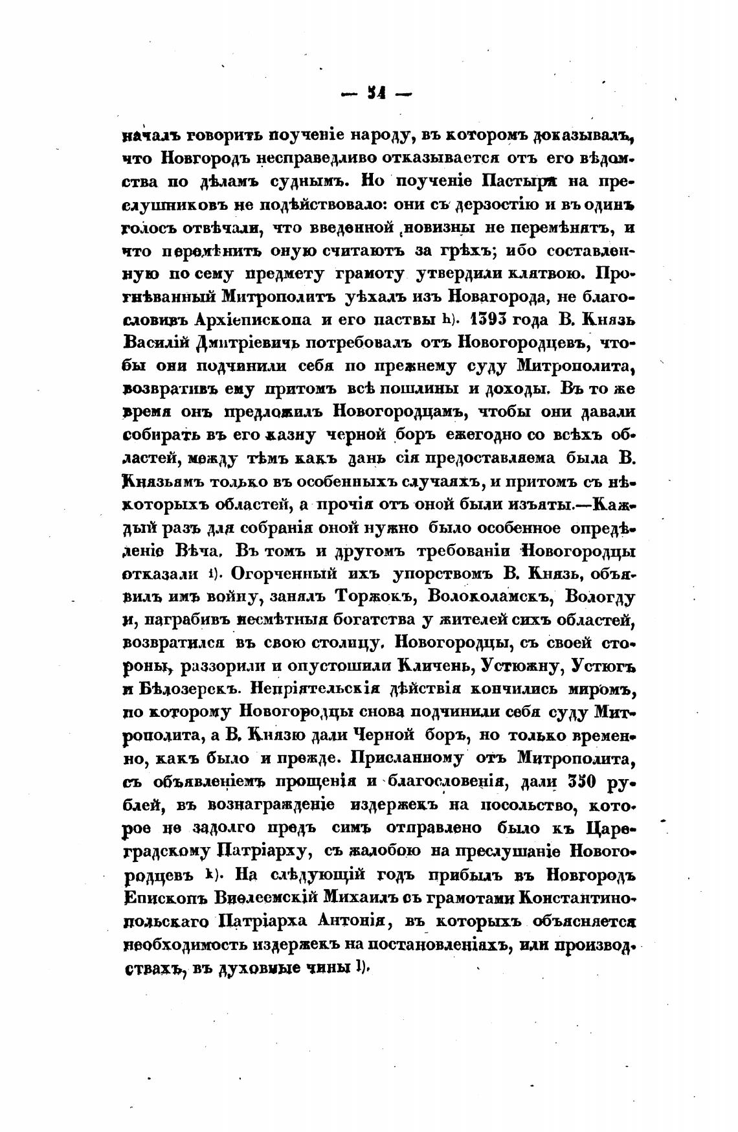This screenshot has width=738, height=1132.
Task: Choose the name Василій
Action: pos(155,343)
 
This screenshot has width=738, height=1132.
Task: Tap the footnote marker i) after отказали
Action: pos(211,574)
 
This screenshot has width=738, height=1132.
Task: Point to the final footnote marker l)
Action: pos(360,968)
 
